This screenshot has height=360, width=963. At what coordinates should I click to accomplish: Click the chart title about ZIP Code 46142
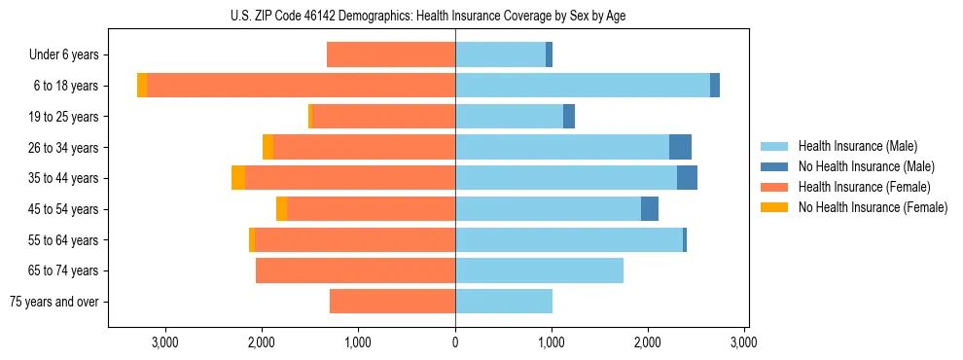click(428, 16)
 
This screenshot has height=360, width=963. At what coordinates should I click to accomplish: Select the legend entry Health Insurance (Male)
click(857, 146)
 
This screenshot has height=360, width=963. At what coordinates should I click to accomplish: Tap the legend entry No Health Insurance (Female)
click(873, 207)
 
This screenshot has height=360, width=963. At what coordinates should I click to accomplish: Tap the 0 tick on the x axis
click(455, 342)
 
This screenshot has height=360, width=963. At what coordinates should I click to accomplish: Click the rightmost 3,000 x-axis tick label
click(744, 342)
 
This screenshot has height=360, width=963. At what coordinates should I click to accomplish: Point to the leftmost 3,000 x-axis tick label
click(165, 342)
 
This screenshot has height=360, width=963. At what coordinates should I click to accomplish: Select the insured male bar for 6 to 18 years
click(582, 86)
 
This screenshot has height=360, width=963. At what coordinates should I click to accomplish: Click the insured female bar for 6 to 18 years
click(302, 86)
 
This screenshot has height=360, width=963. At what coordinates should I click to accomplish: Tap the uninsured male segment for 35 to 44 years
click(687, 178)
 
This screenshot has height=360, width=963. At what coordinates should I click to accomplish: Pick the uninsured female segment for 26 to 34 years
click(268, 147)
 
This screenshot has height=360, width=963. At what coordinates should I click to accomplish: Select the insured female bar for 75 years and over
click(392, 302)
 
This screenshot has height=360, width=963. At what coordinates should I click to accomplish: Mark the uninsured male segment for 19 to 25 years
click(569, 117)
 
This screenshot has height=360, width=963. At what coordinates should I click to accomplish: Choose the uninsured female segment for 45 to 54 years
click(281, 209)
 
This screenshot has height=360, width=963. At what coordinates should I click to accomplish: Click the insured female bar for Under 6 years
click(391, 55)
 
